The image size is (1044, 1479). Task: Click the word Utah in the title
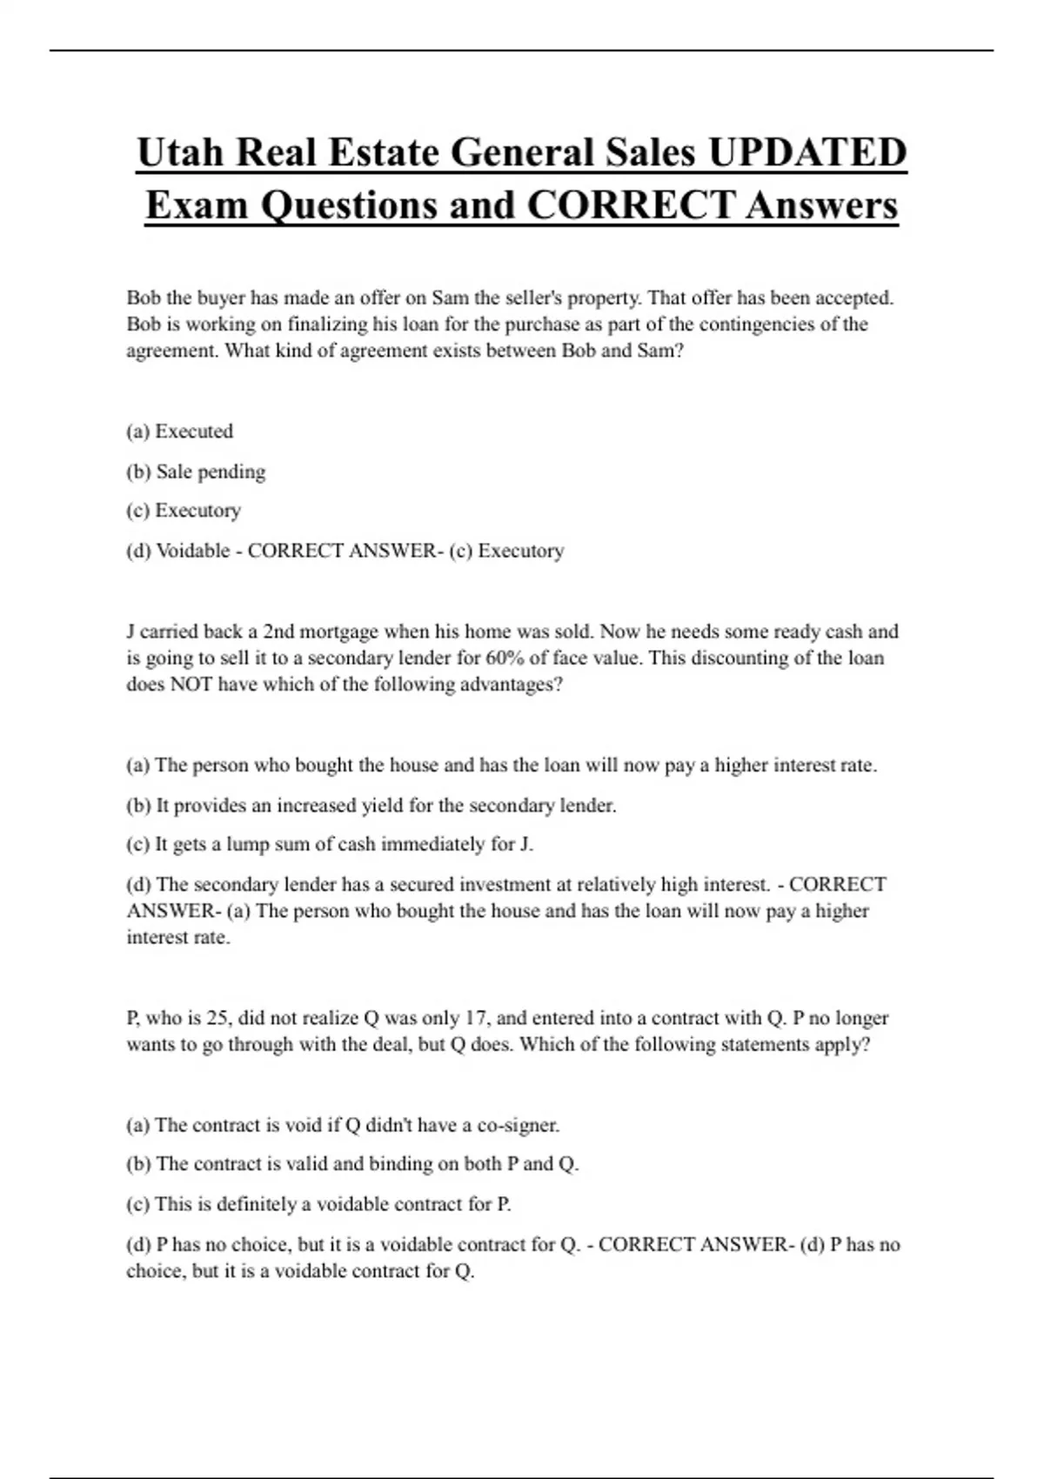pos(179,153)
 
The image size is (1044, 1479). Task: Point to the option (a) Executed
pos(180,432)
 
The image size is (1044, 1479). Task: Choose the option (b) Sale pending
pos(196,472)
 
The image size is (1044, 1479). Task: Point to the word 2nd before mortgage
pos(280,632)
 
